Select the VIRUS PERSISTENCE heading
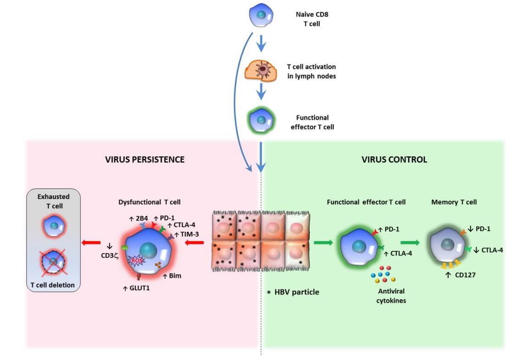point(144,160)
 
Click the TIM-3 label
point(185,234)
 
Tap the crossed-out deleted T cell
point(54,262)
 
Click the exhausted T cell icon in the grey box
point(54,225)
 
